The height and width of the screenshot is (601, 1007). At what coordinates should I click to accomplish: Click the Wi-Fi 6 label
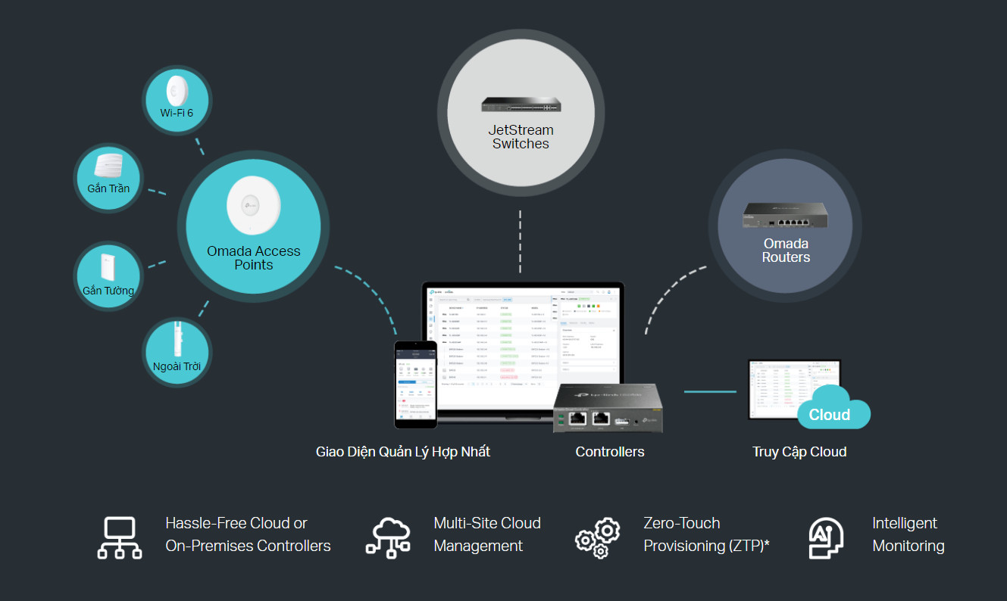click(177, 113)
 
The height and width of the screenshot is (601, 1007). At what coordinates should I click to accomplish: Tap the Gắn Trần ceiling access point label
click(108, 188)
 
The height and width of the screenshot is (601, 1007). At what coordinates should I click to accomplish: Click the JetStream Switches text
click(521, 137)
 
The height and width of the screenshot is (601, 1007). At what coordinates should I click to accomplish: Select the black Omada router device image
click(786, 216)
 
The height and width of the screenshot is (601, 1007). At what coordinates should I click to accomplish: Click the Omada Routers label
click(786, 251)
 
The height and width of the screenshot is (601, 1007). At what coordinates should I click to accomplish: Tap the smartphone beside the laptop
click(415, 384)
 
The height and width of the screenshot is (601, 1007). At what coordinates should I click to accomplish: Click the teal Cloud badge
click(831, 413)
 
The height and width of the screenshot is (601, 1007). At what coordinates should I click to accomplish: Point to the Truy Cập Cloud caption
click(799, 452)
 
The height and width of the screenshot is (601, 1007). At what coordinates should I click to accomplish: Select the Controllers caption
click(610, 452)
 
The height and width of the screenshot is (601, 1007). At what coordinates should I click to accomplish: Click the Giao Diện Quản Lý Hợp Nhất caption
click(403, 452)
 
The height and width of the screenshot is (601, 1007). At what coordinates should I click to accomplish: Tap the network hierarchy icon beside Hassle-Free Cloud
click(120, 537)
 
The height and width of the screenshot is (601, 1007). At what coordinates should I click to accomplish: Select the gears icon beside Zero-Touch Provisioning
click(598, 537)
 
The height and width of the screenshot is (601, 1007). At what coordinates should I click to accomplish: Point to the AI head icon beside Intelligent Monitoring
click(826, 537)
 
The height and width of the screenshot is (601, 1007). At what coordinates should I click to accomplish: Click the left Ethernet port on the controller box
click(577, 418)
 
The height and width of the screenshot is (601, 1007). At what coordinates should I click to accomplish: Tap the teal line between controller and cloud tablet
click(710, 391)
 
